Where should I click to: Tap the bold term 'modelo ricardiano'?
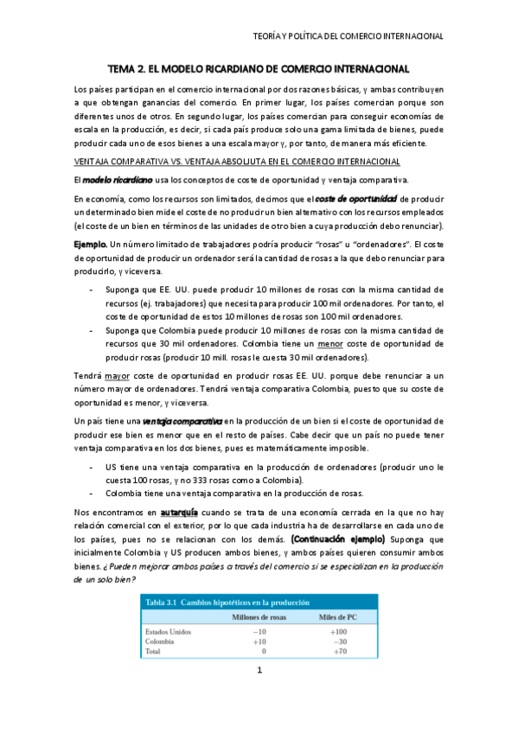pos(118,179)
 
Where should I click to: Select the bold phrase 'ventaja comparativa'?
pos(186,419)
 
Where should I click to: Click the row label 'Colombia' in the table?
pos(162,641)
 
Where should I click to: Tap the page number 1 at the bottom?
pos(259,695)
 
